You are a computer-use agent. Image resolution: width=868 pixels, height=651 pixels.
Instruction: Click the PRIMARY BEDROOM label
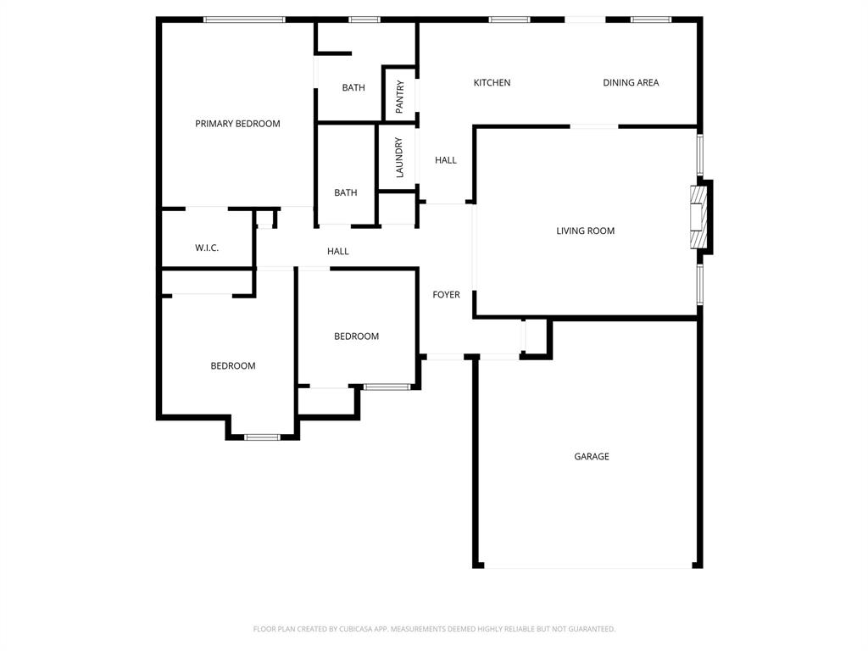click(x=237, y=124)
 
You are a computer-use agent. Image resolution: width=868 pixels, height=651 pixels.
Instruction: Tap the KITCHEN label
click(x=492, y=83)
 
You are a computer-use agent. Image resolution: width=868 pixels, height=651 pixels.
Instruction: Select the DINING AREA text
click(x=631, y=83)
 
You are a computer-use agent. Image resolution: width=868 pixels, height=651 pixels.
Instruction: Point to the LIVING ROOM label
click(x=585, y=231)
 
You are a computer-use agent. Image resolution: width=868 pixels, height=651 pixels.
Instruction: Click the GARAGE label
click(x=591, y=457)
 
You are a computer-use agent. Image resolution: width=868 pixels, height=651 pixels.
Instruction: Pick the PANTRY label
click(x=400, y=97)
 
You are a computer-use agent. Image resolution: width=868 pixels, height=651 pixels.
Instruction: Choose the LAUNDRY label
click(x=399, y=158)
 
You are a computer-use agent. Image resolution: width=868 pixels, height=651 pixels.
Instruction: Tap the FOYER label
click(x=446, y=295)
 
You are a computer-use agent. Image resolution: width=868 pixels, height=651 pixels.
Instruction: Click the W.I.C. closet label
click(x=207, y=248)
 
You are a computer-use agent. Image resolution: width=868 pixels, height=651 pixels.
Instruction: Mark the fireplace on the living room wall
click(x=698, y=219)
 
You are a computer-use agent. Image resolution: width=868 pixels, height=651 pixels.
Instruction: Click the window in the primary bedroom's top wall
click(x=244, y=19)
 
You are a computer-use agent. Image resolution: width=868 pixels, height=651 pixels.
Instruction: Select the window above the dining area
click(x=650, y=19)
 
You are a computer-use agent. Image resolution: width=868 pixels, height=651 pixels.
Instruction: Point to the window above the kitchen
click(x=509, y=19)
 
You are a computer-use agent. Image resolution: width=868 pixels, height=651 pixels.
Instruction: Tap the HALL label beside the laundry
click(x=446, y=160)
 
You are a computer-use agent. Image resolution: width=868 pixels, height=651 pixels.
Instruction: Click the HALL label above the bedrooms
click(x=338, y=252)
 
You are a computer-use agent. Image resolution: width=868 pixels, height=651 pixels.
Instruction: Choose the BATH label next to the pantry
click(x=353, y=88)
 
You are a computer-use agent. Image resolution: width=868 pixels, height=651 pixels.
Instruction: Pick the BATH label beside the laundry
click(x=345, y=193)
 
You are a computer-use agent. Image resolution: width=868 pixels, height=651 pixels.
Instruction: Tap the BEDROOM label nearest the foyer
click(x=356, y=337)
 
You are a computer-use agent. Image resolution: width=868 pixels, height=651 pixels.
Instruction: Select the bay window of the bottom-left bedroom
click(x=262, y=437)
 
